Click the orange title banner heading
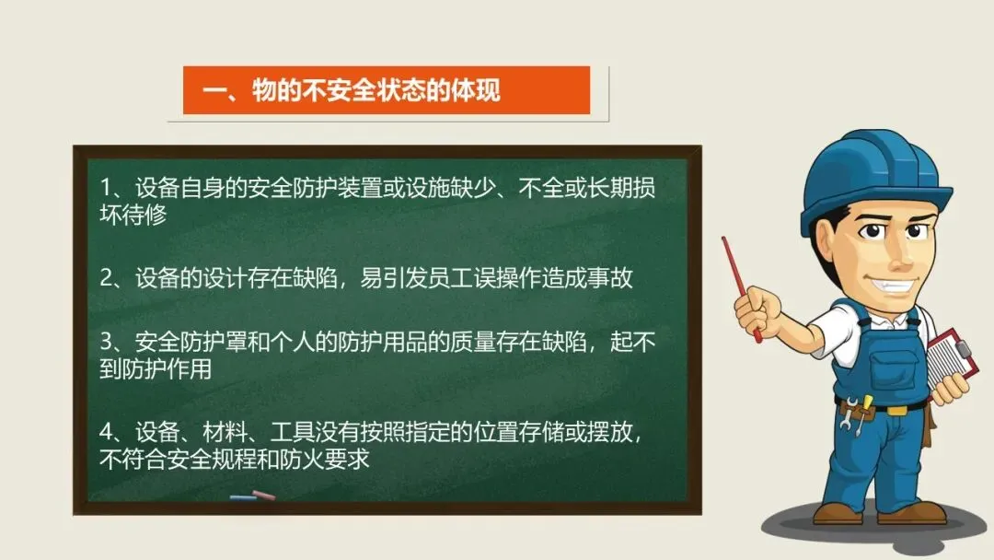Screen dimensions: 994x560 [352, 90]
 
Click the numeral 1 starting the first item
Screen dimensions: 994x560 [106, 188]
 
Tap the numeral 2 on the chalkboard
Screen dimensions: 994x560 [107, 278]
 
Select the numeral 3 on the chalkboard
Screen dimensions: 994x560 [107, 343]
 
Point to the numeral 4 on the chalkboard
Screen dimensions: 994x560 [107, 433]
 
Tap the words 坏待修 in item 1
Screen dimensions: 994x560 [133, 215]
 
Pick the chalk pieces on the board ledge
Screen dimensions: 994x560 [253, 496]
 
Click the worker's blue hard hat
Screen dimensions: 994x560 [875, 181]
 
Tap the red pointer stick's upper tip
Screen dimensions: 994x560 [724, 239]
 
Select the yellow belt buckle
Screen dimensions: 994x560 [896, 410]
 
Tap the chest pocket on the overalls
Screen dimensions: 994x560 [890, 367]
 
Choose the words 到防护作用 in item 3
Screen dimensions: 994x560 [156, 369]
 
